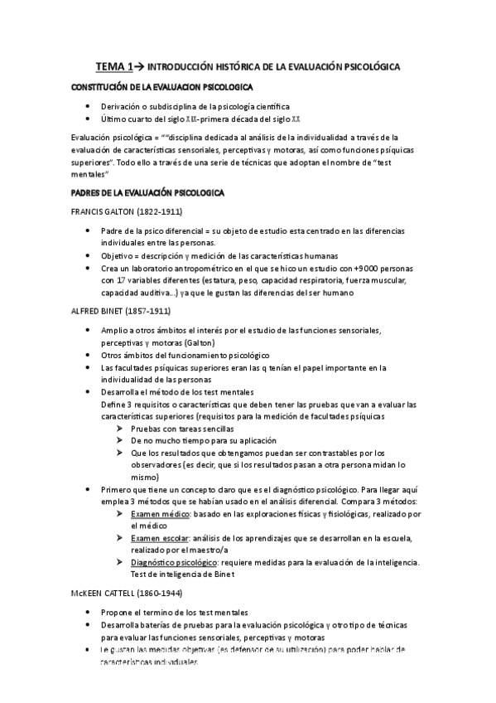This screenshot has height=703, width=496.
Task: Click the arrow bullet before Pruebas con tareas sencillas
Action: pyautogui.click(x=122, y=428)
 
